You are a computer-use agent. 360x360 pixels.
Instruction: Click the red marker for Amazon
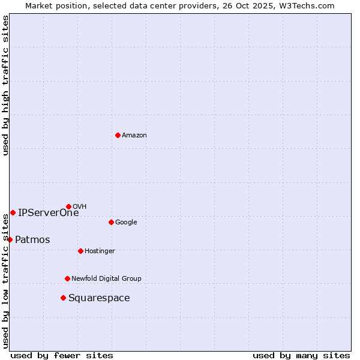(x=118, y=135)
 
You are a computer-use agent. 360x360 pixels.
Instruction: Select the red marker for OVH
(x=68, y=206)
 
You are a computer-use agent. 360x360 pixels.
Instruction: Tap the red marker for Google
(x=111, y=222)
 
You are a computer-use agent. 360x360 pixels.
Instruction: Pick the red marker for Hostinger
(x=80, y=251)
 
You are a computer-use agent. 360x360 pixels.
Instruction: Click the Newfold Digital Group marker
(x=67, y=278)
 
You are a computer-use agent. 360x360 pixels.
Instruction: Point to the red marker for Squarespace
(x=63, y=298)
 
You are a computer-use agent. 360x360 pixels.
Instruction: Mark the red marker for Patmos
(x=10, y=239)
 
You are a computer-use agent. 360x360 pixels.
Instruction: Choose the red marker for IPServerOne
(x=13, y=212)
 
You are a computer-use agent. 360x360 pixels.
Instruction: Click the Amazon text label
(x=134, y=136)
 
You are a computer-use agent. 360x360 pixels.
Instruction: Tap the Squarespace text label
(x=99, y=298)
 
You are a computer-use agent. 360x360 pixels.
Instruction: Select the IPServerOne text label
(x=48, y=212)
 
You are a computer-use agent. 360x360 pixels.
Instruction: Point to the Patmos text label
(x=32, y=240)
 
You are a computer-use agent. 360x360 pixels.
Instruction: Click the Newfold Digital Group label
(x=106, y=278)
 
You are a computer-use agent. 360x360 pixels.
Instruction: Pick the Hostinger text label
(x=100, y=251)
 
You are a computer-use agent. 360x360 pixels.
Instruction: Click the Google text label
(x=126, y=223)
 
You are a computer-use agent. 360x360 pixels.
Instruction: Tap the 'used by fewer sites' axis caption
(x=62, y=355)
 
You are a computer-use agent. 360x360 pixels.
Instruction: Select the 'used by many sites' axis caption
(x=301, y=355)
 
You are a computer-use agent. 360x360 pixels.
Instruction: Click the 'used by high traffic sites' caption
(x=5, y=85)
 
